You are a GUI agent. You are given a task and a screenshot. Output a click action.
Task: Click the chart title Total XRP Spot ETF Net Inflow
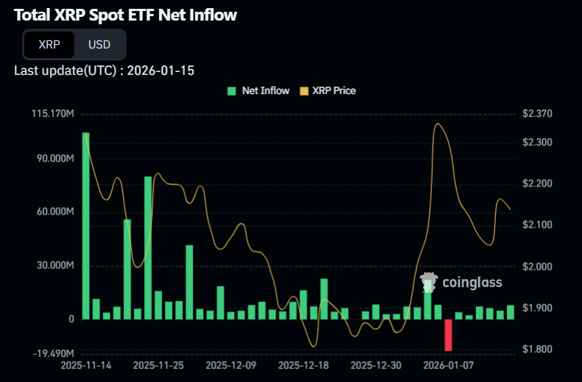pyautogui.click(x=125, y=15)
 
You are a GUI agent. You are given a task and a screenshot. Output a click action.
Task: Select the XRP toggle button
pyautogui.click(x=50, y=44)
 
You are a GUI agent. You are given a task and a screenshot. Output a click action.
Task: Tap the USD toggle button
pyautogui.click(x=99, y=44)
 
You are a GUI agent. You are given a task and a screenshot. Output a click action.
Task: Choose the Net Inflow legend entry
pyautogui.click(x=258, y=90)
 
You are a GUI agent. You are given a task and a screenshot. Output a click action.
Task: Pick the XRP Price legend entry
pyautogui.click(x=327, y=90)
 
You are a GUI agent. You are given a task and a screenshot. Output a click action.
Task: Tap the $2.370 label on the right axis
pyautogui.click(x=536, y=114)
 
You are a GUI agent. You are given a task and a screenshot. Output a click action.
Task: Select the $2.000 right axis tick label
pyautogui.click(x=536, y=266)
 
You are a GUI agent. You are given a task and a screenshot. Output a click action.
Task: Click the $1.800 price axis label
pyautogui.click(x=536, y=349)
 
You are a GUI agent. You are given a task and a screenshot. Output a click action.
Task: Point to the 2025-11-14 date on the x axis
pyautogui.click(x=86, y=364)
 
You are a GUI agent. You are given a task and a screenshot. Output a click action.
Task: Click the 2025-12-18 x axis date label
pyautogui.click(x=304, y=364)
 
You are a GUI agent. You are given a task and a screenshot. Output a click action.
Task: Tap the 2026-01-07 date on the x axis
pyautogui.click(x=448, y=364)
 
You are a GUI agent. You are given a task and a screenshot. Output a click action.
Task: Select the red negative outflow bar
pyautogui.click(x=448, y=335)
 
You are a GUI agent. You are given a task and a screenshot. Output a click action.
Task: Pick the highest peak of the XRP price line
pyautogui.click(x=439, y=124)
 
